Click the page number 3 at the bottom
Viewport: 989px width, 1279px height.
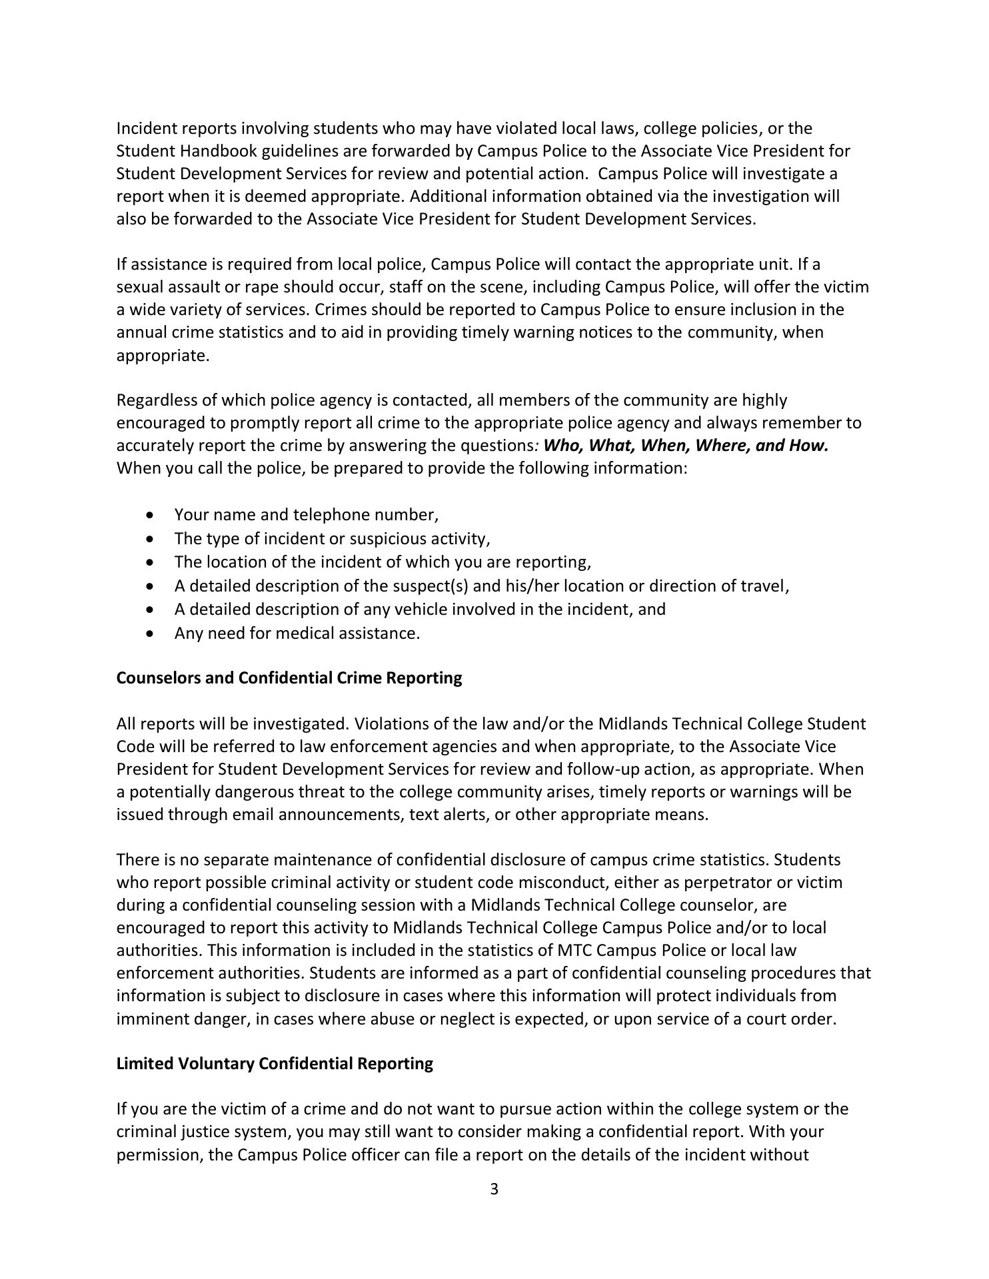point(494,1189)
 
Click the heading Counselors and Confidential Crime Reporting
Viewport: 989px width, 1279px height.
point(289,677)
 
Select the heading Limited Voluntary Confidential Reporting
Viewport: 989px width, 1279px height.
point(275,1063)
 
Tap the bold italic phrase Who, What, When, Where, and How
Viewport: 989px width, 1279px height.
point(686,445)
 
